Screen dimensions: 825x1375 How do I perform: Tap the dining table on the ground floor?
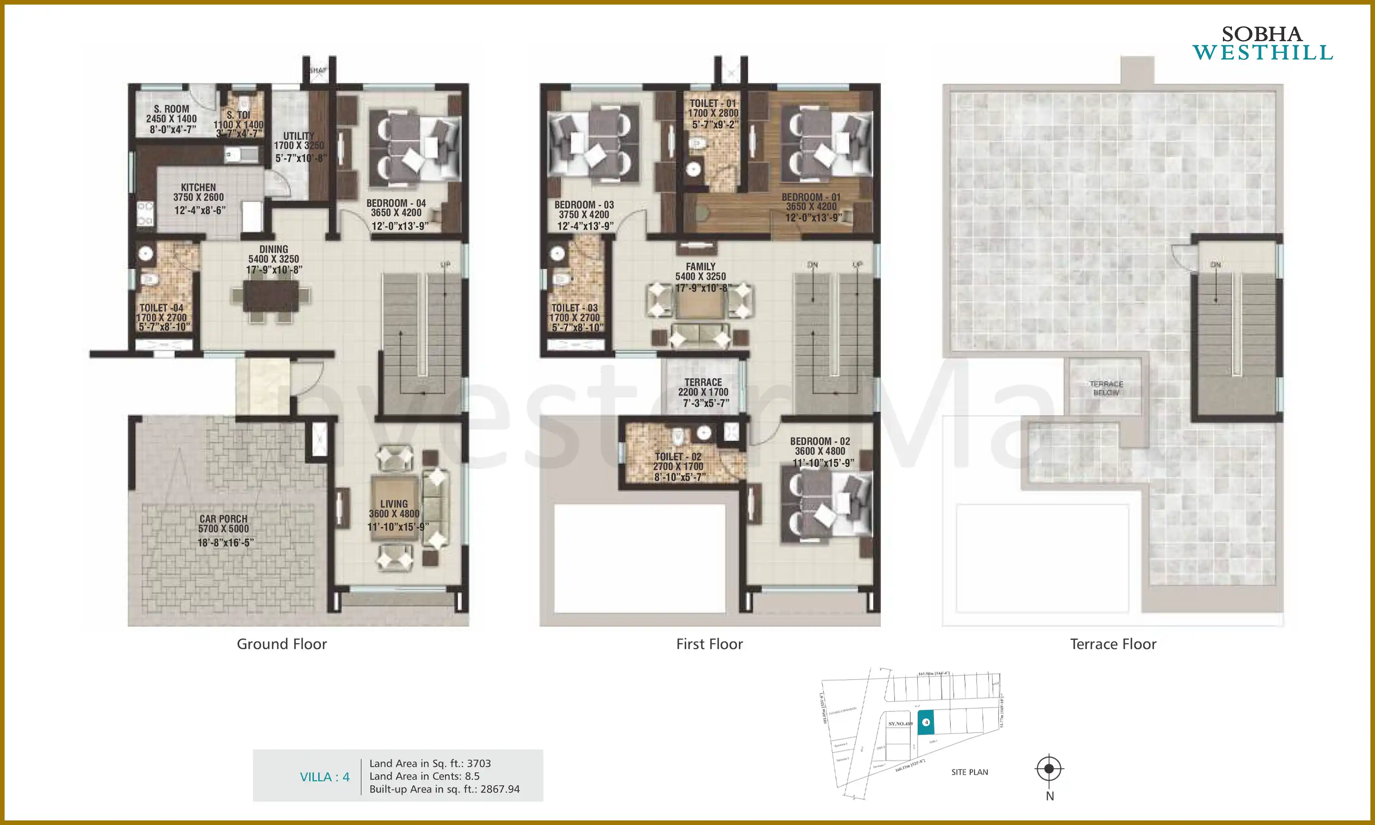pos(271,296)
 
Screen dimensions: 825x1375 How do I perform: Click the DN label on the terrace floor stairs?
pos(1215,264)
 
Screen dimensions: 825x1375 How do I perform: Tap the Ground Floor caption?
pos(282,644)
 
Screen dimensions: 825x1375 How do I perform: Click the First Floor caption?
pos(709,644)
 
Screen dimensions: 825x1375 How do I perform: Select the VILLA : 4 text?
pos(324,776)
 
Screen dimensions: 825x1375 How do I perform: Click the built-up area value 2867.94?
pos(500,789)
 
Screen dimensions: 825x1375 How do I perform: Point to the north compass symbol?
pos(1049,769)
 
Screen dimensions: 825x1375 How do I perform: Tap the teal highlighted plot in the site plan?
pos(925,723)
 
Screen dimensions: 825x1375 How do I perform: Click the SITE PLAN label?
pos(969,772)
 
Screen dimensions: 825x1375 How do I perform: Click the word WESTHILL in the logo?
pos(1262,53)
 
